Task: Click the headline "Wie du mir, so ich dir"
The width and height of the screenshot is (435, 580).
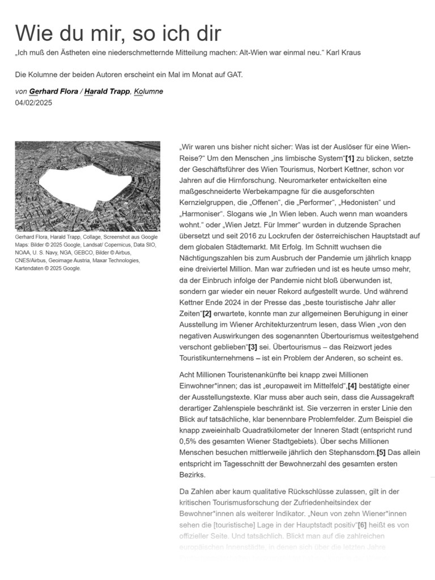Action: [118, 33]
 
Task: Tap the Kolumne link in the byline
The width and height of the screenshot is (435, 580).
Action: [148, 92]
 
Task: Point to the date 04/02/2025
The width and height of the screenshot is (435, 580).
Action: [33, 103]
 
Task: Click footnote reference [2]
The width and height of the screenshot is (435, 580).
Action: [207, 313]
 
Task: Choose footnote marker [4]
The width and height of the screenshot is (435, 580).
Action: [352, 386]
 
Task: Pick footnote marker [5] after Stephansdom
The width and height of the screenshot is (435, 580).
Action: [381, 452]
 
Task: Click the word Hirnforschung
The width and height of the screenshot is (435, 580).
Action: [238, 180]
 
